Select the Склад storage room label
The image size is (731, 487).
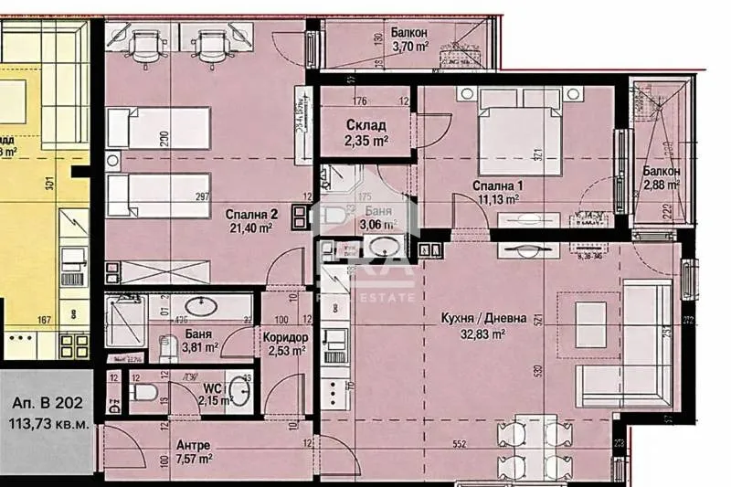(365, 125)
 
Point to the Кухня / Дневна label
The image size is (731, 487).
(484, 318)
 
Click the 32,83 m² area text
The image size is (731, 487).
(484, 333)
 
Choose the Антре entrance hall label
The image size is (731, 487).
(193, 445)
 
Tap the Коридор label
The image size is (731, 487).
(285, 337)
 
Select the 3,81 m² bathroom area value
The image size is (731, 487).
(198, 346)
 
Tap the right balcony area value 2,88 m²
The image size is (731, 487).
(660, 185)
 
